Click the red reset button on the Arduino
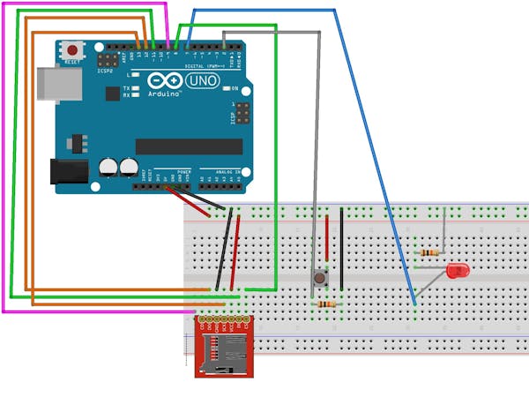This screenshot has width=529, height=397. click(71, 51)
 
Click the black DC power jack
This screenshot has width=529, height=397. click(68, 173)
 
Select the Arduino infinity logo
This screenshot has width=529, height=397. click(171, 81)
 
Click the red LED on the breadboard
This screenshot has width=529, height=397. click(458, 270)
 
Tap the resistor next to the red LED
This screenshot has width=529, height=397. click(431, 252)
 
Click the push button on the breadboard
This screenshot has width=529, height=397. click(318, 279)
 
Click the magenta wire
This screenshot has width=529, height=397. click(4, 176)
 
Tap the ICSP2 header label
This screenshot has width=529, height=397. click(106, 71)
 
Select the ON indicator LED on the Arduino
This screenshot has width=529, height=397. click(226, 89)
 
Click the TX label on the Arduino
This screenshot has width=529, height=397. click(126, 89)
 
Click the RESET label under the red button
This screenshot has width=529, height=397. click(72, 63)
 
